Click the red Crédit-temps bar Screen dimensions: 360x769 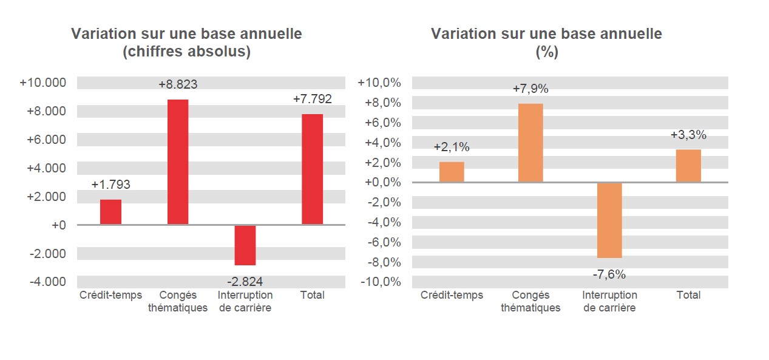(110, 212)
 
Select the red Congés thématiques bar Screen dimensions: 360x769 (178, 162)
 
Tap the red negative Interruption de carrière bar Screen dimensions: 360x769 (245, 245)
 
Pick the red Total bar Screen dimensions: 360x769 (312, 169)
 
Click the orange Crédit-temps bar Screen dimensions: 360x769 (452, 172)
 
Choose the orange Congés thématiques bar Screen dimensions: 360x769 (530, 143)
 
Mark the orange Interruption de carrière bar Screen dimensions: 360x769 (609, 220)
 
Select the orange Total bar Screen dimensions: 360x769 (688, 166)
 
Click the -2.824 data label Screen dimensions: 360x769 (245, 281)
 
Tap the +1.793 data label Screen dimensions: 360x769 (110, 185)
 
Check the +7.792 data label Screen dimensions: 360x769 (312, 99)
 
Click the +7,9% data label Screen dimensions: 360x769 (530, 89)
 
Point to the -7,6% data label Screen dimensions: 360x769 (609, 274)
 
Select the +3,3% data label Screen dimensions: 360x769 (688, 135)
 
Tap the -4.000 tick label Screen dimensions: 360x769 (46, 282)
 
